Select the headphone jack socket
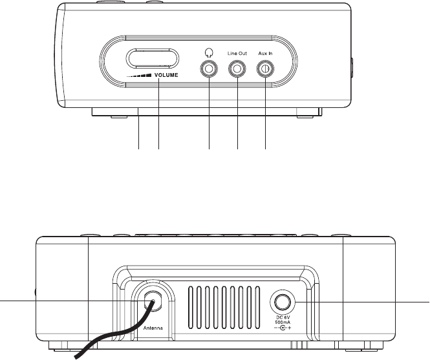point(210,69)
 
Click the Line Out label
point(238,53)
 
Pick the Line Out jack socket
point(238,69)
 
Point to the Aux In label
point(266,53)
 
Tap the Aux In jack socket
point(266,69)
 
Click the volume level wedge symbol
point(139,76)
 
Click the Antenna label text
point(153,328)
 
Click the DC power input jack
point(281,301)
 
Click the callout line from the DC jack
point(362,301)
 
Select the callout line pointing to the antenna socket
point(65,301)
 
